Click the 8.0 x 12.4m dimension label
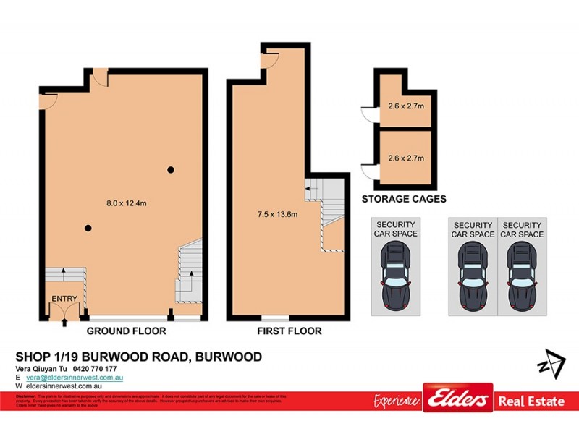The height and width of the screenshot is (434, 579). click(127, 203)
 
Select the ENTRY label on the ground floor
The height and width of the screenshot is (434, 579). click(64, 299)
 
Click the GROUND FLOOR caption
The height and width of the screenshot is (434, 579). click(127, 331)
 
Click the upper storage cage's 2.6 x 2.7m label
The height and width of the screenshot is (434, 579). click(405, 106)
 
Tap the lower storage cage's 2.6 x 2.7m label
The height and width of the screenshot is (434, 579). click(405, 158)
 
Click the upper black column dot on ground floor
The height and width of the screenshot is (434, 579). click(171, 170)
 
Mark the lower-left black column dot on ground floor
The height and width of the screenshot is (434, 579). click(88, 229)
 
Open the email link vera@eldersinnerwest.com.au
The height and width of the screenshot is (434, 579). click(75, 378)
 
